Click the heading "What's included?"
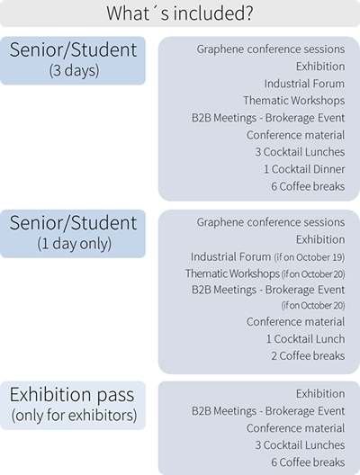click(180, 13)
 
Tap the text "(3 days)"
click(74, 70)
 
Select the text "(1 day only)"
click(74, 244)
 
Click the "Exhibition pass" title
click(72, 395)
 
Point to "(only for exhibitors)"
click(74, 416)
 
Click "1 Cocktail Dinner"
click(304, 169)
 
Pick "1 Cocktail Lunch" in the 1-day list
click(305, 339)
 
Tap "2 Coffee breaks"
click(308, 356)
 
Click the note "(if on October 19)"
click(310, 257)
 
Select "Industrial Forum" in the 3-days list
click(304, 84)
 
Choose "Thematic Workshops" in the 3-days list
click(294, 101)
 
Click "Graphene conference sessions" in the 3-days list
click(271, 49)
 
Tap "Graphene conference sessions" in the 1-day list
click(271, 222)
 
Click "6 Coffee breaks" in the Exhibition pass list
click(308, 462)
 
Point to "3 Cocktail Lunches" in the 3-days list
click(300, 152)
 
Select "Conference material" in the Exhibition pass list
click(295, 428)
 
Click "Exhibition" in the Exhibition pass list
click(320, 394)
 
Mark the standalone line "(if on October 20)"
click(313, 305)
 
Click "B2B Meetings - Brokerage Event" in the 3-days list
click(268, 118)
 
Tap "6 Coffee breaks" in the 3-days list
click(308, 186)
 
